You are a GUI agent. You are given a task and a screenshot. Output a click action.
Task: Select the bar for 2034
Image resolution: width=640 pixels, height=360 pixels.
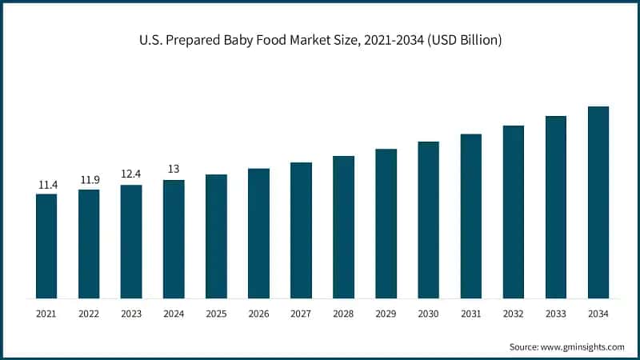(x=598, y=202)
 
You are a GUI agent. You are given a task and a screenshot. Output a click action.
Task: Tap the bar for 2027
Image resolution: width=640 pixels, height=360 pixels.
(x=301, y=230)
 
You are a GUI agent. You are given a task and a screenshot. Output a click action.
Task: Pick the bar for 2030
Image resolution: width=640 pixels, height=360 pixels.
(x=429, y=220)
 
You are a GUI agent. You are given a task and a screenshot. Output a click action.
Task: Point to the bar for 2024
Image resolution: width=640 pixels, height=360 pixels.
(x=174, y=239)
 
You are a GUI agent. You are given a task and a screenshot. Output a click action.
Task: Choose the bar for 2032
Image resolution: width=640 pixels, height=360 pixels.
(x=514, y=212)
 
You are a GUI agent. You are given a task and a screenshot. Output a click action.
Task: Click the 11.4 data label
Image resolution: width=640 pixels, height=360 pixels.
(x=46, y=185)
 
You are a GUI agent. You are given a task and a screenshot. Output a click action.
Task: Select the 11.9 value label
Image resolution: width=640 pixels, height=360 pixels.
(x=89, y=180)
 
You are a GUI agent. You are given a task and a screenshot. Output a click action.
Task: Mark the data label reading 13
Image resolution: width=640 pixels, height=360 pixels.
(x=174, y=170)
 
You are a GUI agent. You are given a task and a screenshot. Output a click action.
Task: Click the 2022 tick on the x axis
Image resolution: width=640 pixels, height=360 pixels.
(x=89, y=314)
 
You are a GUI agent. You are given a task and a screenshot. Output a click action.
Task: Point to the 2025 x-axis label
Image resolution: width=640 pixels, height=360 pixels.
(x=216, y=314)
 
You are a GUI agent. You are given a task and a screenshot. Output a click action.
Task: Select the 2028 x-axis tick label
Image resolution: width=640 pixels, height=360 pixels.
(x=343, y=314)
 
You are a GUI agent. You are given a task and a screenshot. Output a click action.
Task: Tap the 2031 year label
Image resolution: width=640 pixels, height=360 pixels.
(x=471, y=314)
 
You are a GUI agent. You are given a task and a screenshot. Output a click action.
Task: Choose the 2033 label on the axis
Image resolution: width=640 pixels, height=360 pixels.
(x=556, y=314)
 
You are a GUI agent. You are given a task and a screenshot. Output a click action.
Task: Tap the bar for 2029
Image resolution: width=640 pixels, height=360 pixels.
(x=386, y=224)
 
